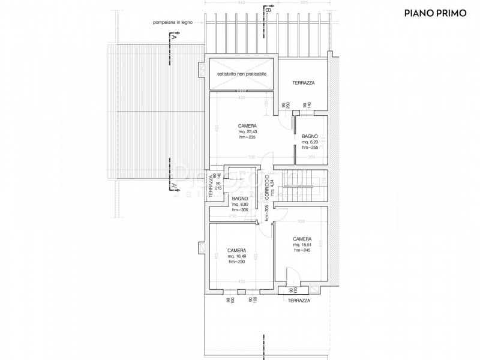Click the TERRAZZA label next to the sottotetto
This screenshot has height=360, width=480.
[304, 82]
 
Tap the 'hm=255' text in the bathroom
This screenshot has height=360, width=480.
[310, 148]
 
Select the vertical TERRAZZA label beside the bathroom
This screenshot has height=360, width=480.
[211, 185]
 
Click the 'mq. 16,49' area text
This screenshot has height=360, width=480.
[236, 256]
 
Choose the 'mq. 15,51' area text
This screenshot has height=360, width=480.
[301, 245]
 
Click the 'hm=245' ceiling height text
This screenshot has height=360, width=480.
[301, 250]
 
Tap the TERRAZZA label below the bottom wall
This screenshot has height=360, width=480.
[299, 301]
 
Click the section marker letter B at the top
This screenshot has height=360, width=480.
[268, 10]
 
